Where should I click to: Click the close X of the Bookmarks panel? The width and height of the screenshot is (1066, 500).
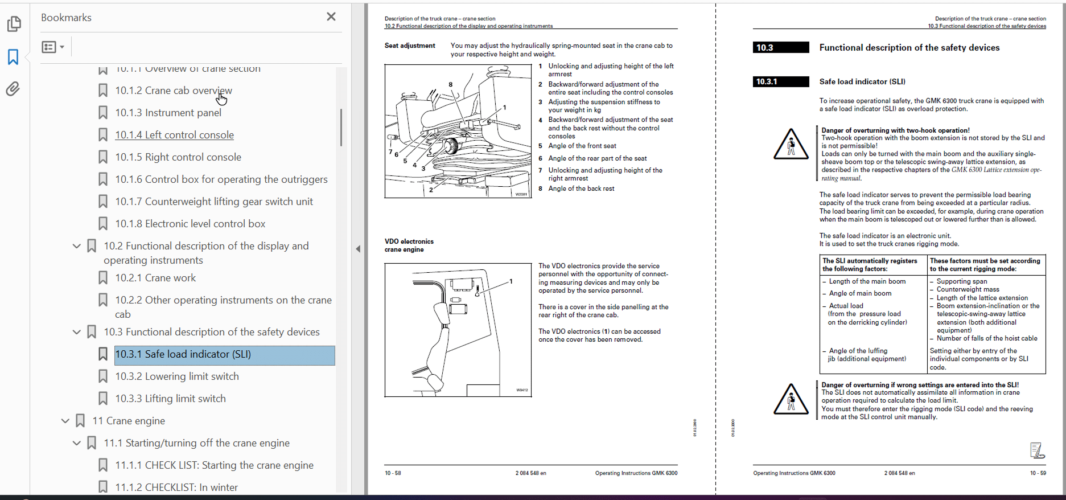331,17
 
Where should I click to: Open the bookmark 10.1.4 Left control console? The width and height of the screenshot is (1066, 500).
174,135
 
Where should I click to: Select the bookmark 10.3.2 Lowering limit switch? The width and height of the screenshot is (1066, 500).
176,376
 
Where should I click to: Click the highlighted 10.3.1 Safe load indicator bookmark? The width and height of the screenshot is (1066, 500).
183,354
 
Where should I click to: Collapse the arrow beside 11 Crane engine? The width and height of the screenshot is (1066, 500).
65,421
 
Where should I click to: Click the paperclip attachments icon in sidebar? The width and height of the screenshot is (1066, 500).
13,89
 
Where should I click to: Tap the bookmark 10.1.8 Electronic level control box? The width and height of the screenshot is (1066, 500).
190,224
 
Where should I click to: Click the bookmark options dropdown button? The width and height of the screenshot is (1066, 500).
53,47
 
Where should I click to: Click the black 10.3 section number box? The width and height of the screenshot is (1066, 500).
780,48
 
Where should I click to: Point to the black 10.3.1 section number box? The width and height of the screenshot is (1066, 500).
780,81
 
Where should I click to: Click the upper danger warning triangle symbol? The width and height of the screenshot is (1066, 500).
791,145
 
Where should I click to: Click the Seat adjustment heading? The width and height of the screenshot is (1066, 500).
409,46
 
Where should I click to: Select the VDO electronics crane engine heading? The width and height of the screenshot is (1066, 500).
409,245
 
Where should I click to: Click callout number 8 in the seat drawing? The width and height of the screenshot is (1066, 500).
451,84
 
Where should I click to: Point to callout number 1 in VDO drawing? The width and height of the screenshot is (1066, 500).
511,281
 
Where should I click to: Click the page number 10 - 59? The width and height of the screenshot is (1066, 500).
1038,473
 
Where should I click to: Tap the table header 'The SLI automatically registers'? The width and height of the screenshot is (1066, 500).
870,265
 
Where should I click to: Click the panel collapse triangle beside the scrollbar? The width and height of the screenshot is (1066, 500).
358,249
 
